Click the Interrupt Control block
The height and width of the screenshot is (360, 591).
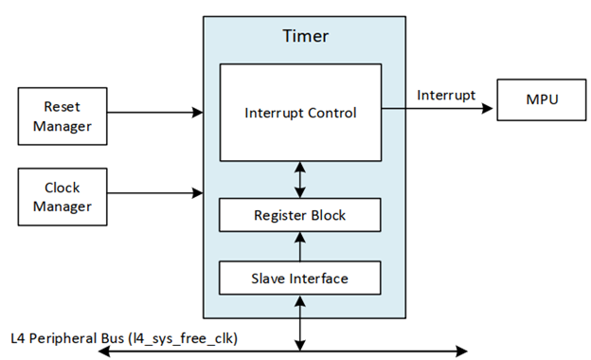tap(300, 113)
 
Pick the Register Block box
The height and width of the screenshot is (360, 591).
tap(300, 215)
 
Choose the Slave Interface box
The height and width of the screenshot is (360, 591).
tap(300, 278)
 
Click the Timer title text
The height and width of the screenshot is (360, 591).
tap(305, 37)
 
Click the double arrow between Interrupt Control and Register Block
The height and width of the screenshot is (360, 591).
tap(300, 180)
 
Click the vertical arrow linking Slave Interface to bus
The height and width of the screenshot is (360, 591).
tap(300, 322)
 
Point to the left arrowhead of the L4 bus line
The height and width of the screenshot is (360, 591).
tap(104, 351)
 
